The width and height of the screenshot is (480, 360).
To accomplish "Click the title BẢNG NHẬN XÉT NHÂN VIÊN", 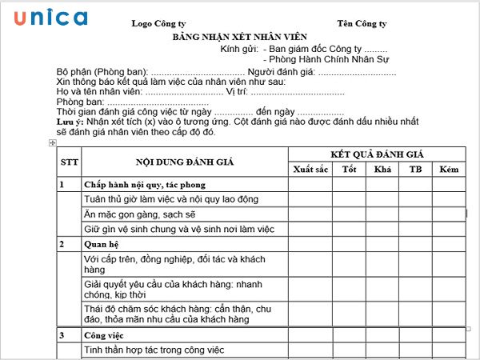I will pos(239,38).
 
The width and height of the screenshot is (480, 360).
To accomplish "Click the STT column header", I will pos(70,162).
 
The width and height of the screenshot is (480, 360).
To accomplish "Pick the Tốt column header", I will pos(349,170).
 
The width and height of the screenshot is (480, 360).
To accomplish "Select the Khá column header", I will pos(382,170).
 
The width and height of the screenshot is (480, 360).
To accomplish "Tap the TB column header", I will pos(416,170).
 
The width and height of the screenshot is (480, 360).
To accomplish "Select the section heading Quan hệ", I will pos(102,244).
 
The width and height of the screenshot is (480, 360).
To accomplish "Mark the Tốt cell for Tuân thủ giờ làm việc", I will pos(349,199).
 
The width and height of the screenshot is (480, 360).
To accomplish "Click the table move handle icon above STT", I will pos(52,142).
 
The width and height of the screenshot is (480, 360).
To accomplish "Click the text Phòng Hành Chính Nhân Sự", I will pos(322,59).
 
